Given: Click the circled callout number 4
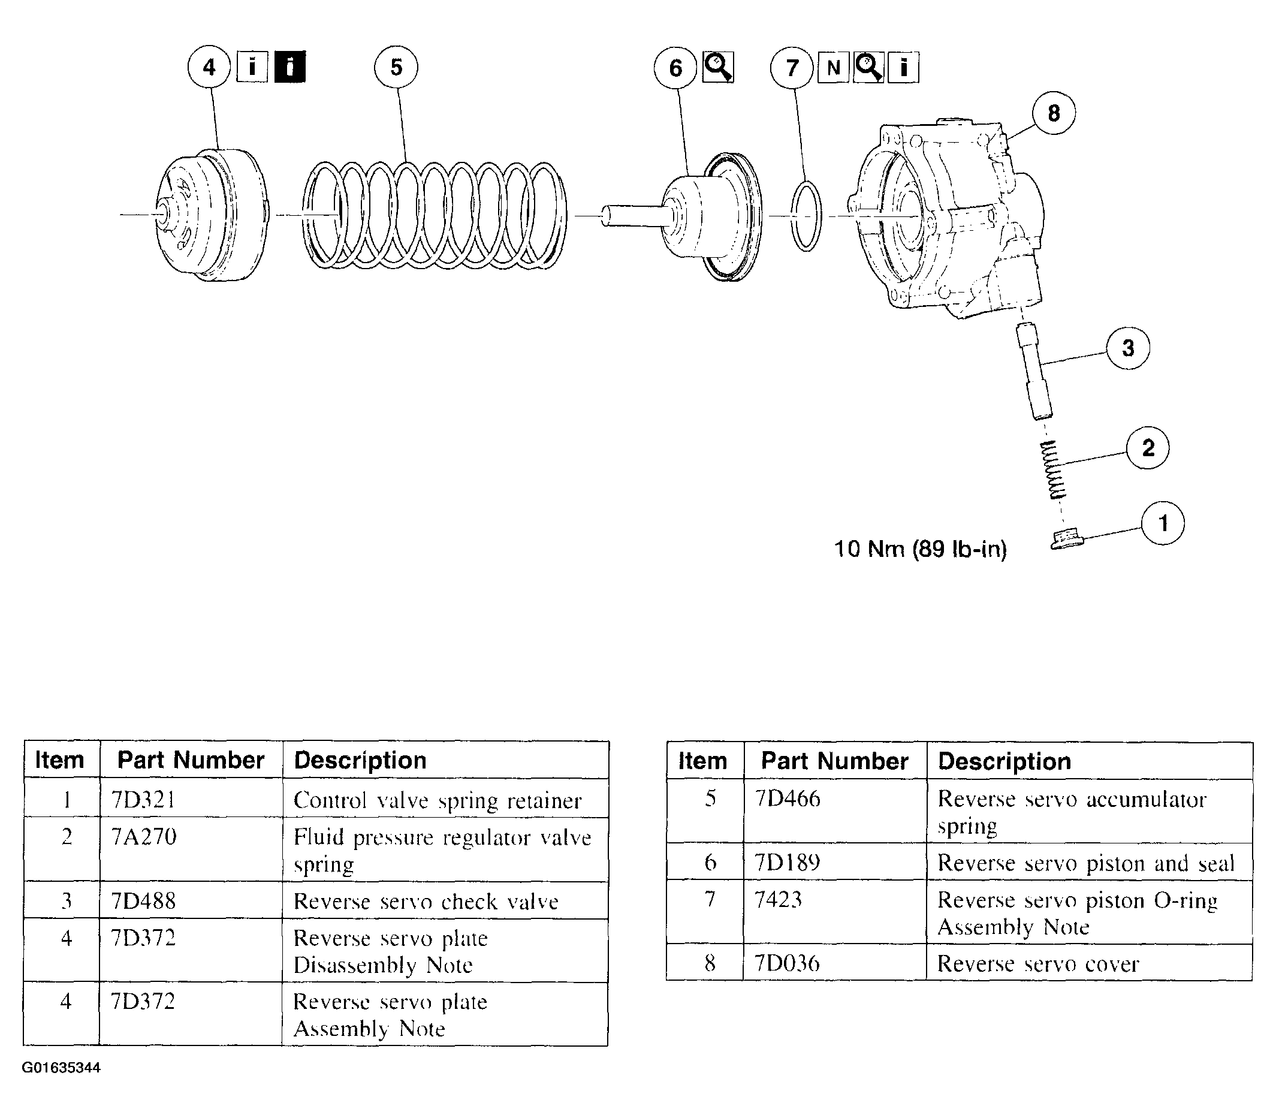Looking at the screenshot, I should tap(209, 67).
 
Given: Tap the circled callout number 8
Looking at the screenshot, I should tap(1054, 113).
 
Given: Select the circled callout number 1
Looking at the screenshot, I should tap(1163, 523).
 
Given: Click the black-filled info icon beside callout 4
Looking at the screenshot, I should tap(290, 67).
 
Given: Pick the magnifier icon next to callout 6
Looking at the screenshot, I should tap(718, 67).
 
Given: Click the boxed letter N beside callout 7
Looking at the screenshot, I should tap(833, 67).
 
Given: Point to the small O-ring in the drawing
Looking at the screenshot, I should tap(806, 216).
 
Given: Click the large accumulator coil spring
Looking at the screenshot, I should tap(435, 215).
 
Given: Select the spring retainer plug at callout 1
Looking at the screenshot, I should tap(1066, 540).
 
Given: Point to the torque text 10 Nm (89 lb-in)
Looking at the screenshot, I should tap(921, 549).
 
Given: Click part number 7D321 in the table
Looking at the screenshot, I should tap(143, 799).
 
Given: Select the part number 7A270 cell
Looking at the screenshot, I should tap(144, 837).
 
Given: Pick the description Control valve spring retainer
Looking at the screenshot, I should tap(437, 800).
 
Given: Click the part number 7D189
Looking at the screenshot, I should tap(788, 863).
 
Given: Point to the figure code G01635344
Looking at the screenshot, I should tap(61, 1068).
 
